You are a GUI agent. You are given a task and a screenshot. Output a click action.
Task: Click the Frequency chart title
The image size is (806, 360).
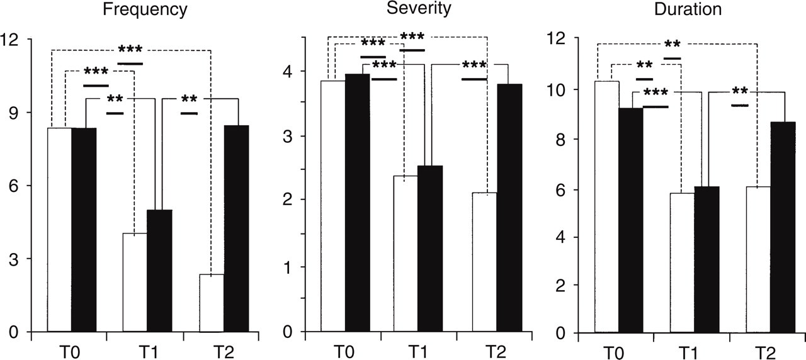pos(145,9)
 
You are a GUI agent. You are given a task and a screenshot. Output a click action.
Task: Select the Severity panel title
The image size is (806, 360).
pos(419,8)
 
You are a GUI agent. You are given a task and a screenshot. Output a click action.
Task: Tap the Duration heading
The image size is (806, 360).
pos(688,9)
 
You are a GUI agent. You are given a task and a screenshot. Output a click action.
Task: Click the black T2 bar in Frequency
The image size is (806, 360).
pos(236,228)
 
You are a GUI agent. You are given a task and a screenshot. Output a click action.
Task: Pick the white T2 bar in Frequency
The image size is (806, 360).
pos(212,303)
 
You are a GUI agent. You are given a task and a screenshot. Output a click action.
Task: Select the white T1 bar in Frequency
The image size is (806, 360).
pos(135,283)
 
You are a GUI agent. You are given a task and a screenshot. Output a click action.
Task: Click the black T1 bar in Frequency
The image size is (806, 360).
pos(159,271)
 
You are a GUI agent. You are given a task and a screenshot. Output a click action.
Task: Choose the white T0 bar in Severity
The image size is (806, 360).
pos(333,206)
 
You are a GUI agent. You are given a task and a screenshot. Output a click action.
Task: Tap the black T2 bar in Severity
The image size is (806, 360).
pos(509,208)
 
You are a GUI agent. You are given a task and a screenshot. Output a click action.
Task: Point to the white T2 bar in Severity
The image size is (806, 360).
pos(485,262)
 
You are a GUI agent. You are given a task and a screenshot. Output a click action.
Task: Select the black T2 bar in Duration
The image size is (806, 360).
pos(783,227)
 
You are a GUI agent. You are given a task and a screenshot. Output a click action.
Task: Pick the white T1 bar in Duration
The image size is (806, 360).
pos(682,263)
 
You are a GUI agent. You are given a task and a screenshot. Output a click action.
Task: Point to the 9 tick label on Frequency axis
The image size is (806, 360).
pos(14,113)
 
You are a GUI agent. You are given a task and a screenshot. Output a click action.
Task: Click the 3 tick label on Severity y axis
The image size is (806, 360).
pos(288,137)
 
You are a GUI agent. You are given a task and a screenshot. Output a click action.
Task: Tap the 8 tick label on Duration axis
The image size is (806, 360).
pos(560,140)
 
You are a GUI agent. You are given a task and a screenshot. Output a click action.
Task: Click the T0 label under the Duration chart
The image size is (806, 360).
pos(613,353)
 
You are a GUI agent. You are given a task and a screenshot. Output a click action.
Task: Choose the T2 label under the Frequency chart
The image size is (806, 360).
pos(224,352)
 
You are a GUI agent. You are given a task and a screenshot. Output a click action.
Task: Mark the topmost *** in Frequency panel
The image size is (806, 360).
pos(130,49)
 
